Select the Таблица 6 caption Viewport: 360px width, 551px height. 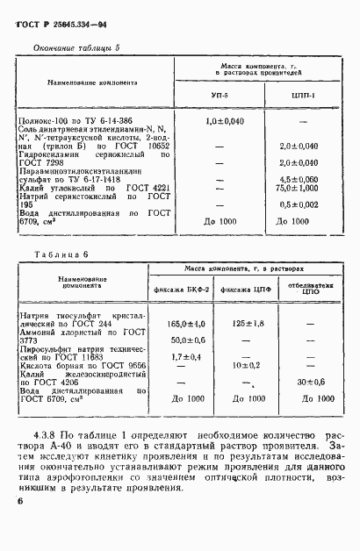click(x=55, y=254)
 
